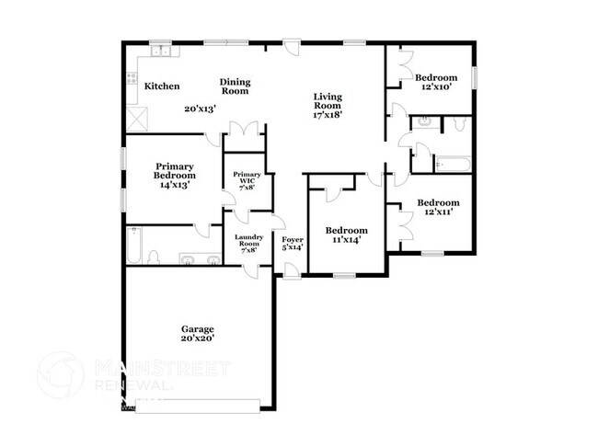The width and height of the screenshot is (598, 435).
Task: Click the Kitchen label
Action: [x=162, y=86]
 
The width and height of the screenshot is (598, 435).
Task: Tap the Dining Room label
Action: [x=235, y=86]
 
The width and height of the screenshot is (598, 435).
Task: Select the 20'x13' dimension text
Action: [x=199, y=109]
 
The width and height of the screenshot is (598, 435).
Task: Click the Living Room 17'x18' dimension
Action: [x=328, y=116]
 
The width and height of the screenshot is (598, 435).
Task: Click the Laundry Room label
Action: [x=248, y=243]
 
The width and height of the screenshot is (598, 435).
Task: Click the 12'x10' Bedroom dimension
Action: [x=436, y=87]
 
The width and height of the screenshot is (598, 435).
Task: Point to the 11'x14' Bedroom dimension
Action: [x=347, y=240]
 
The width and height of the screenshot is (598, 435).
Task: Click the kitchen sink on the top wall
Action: [x=160, y=51]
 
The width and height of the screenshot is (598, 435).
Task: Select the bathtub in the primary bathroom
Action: [x=134, y=244]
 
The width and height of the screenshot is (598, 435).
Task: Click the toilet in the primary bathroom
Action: [x=155, y=257]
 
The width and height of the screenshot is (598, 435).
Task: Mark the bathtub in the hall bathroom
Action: [x=452, y=165]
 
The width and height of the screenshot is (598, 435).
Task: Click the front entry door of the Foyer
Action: [x=291, y=269]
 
